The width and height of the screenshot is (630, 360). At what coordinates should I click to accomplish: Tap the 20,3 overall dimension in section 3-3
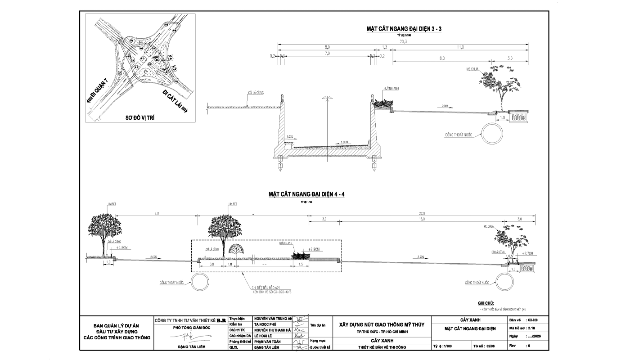click(x=403, y=41)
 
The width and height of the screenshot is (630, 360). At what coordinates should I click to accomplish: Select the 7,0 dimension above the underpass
click(x=327, y=53)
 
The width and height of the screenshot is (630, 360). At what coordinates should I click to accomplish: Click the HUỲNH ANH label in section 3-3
click(x=388, y=89)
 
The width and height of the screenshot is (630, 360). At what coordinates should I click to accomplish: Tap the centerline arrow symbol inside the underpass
click(x=327, y=98)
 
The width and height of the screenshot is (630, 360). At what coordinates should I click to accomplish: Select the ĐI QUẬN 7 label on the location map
click(x=99, y=91)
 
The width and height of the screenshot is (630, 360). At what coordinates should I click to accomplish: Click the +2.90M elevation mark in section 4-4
click(x=312, y=249)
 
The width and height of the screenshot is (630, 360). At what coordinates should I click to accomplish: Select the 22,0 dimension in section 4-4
click(x=422, y=213)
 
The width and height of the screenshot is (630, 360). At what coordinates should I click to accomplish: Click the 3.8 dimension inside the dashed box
click(x=211, y=265)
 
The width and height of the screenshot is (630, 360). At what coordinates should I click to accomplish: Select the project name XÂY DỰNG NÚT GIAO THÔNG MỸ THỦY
click(x=381, y=324)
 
